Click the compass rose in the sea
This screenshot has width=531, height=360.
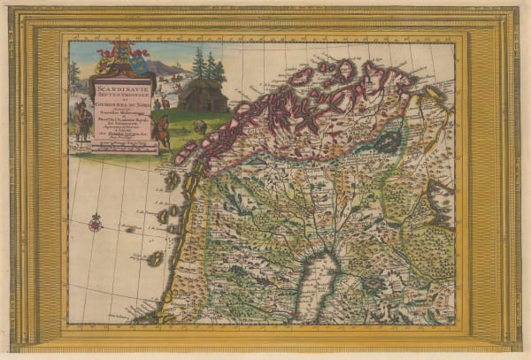coord(95,223)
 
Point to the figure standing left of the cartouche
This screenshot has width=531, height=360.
coord(82,122)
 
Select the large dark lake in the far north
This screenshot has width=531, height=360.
coord(388,142)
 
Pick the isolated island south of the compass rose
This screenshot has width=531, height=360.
coord(155,258)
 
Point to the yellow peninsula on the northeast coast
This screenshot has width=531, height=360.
coord(434,91)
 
